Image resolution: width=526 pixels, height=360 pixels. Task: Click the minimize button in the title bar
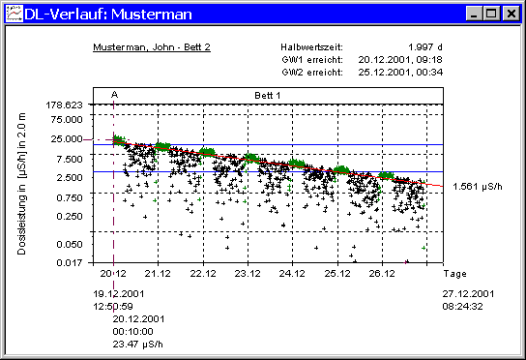pos(475,14)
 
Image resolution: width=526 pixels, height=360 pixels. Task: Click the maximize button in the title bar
pos(490,14)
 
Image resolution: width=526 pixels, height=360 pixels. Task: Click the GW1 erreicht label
pos(307,59)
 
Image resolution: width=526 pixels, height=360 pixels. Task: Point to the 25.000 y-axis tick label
pos(67,137)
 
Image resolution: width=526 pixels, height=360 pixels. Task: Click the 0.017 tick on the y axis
pos(71,261)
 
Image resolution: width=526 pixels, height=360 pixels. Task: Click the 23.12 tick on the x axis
pos(248,274)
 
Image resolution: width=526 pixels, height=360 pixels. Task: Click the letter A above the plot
pos(114,95)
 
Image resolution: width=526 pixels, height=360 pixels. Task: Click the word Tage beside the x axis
pos(454,274)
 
